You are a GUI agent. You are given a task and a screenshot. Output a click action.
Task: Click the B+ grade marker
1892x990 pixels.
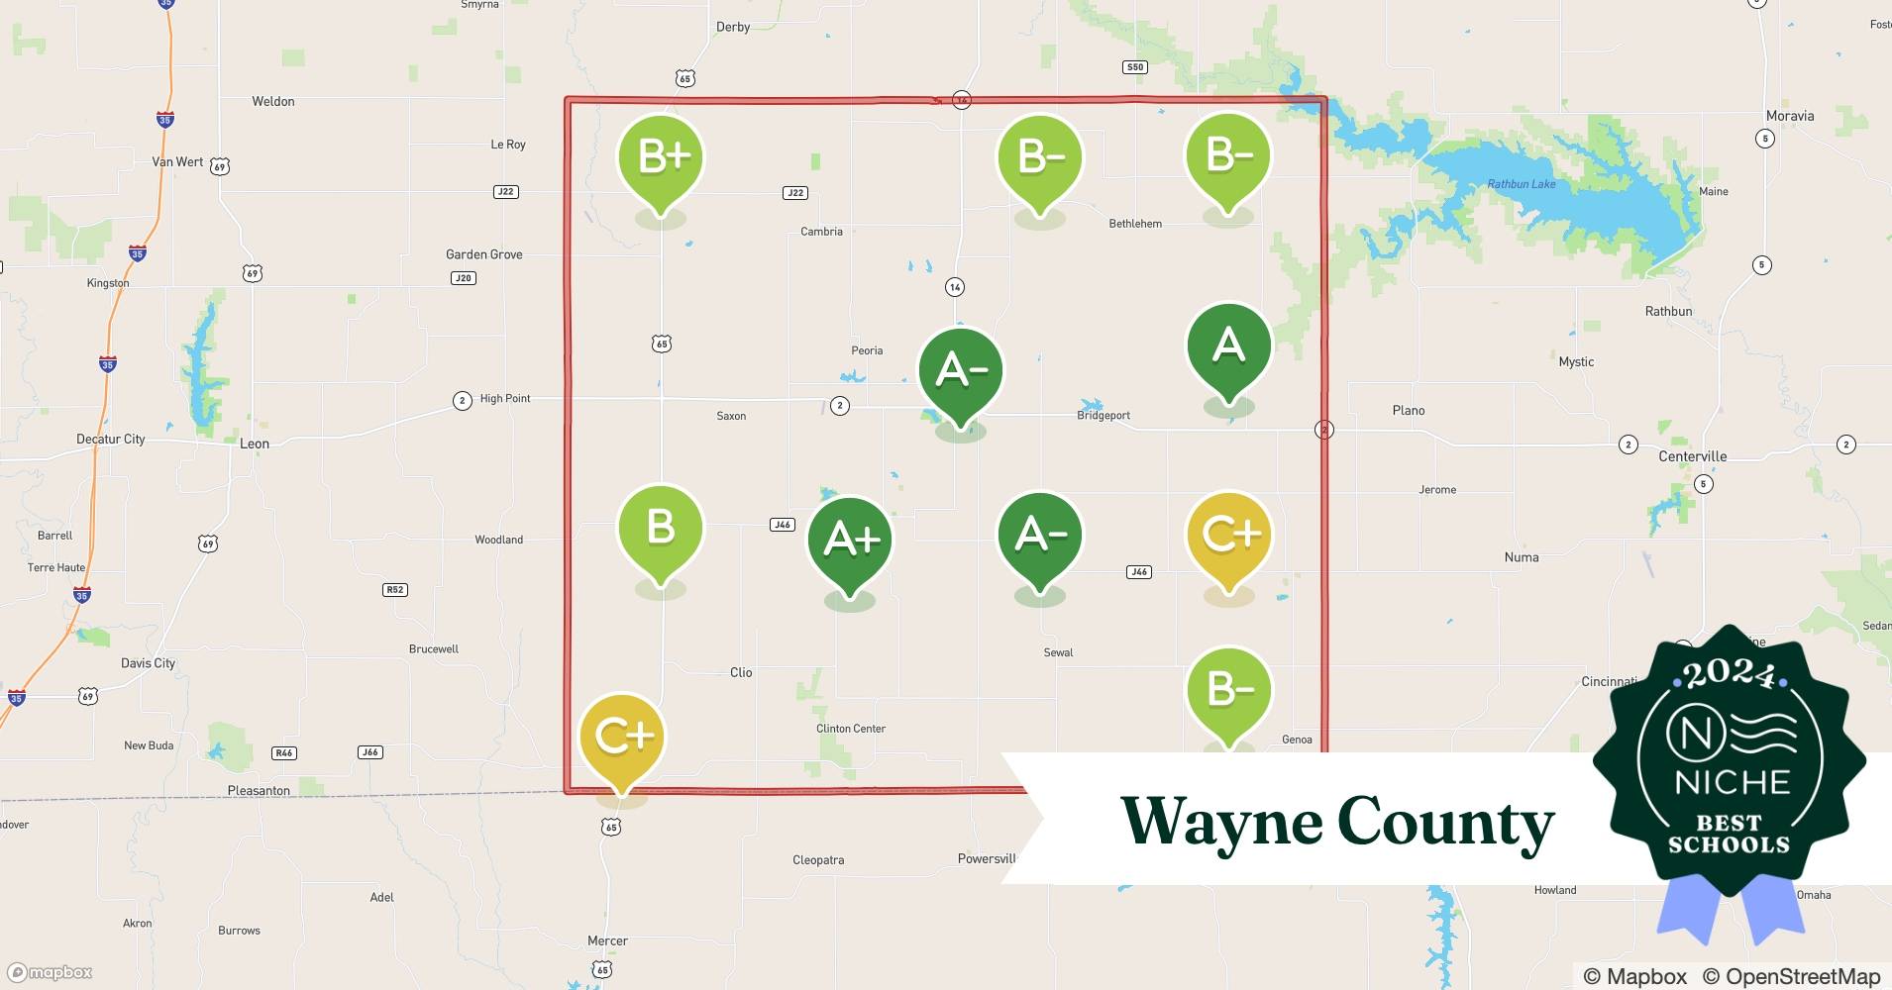(661, 158)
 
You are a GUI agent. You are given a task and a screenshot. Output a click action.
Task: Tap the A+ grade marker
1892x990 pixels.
(850, 541)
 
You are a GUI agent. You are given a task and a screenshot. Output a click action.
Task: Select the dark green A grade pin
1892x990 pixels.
(1228, 346)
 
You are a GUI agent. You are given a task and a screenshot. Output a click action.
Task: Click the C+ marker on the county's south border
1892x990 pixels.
(622, 737)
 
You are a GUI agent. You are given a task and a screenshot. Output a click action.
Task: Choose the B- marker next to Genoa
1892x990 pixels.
(1228, 690)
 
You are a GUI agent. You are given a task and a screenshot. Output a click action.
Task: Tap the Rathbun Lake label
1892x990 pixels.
(1521, 184)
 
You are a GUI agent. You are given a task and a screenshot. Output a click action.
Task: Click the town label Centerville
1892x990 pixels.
(1692, 456)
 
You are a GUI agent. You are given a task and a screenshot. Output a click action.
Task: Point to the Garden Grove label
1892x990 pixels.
(483, 254)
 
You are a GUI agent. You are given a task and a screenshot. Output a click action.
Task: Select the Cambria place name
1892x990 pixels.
(821, 232)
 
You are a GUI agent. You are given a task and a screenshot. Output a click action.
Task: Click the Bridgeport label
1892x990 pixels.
(1103, 416)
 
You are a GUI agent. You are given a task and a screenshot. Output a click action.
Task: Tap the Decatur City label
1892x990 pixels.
(110, 439)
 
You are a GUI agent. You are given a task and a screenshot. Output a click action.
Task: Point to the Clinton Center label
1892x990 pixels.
(850, 729)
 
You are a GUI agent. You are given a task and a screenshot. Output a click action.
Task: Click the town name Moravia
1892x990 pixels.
(1789, 116)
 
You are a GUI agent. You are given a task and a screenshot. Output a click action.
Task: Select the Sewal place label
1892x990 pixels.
(1058, 652)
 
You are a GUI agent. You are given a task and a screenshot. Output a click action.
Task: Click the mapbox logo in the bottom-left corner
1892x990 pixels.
(51, 972)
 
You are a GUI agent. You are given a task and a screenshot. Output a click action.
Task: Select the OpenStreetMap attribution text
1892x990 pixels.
(1802, 976)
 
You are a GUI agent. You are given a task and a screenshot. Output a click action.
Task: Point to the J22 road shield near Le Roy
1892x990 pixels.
(505, 191)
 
